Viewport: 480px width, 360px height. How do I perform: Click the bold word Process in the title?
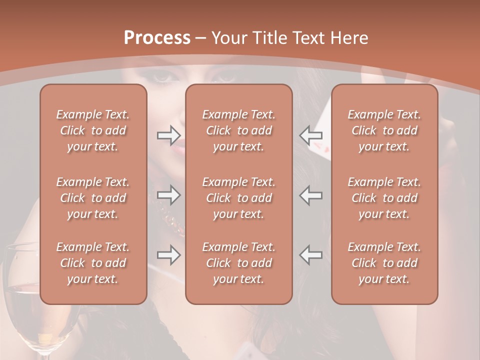click(x=157, y=37)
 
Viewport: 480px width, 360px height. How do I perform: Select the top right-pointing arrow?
click(x=168, y=134)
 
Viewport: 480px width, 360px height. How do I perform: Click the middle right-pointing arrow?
click(x=168, y=195)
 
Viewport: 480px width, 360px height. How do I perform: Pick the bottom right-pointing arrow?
click(x=168, y=255)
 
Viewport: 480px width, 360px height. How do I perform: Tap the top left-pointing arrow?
click(x=311, y=134)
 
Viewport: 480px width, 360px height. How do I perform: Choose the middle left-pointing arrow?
click(x=311, y=195)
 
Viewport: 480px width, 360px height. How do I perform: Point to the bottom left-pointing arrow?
click(x=311, y=255)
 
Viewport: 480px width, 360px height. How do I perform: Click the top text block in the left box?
click(x=93, y=130)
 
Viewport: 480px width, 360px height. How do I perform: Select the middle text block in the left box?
click(x=93, y=198)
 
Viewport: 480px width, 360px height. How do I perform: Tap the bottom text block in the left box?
click(x=93, y=263)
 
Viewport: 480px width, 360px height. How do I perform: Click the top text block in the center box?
click(x=238, y=130)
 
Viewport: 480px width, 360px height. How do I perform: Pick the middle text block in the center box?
click(x=238, y=198)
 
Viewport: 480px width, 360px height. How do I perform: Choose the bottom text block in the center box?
click(x=238, y=263)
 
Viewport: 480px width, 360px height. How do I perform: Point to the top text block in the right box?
click(x=384, y=130)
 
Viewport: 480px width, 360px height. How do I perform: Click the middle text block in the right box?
click(x=384, y=198)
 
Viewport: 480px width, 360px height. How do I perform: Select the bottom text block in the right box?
click(x=384, y=263)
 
